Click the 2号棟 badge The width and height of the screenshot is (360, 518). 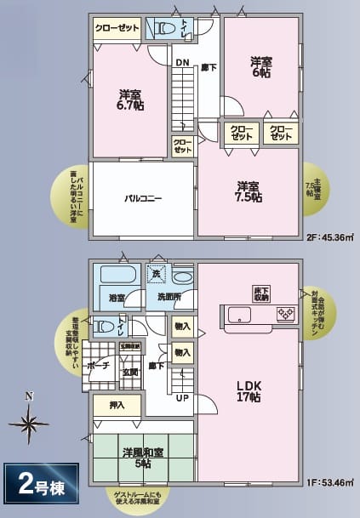[x=39, y=487]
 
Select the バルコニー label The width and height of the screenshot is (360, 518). [x=143, y=198]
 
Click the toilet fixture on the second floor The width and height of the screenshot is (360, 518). [x=161, y=28]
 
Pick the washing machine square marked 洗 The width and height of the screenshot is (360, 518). [x=155, y=274]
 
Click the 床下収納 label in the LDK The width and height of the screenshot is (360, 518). [x=260, y=294]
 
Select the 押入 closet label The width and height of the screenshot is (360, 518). [x=117, y=406]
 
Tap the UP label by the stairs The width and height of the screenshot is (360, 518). [x=182, y=397]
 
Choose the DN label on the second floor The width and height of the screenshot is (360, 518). [x=182, y=62]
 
